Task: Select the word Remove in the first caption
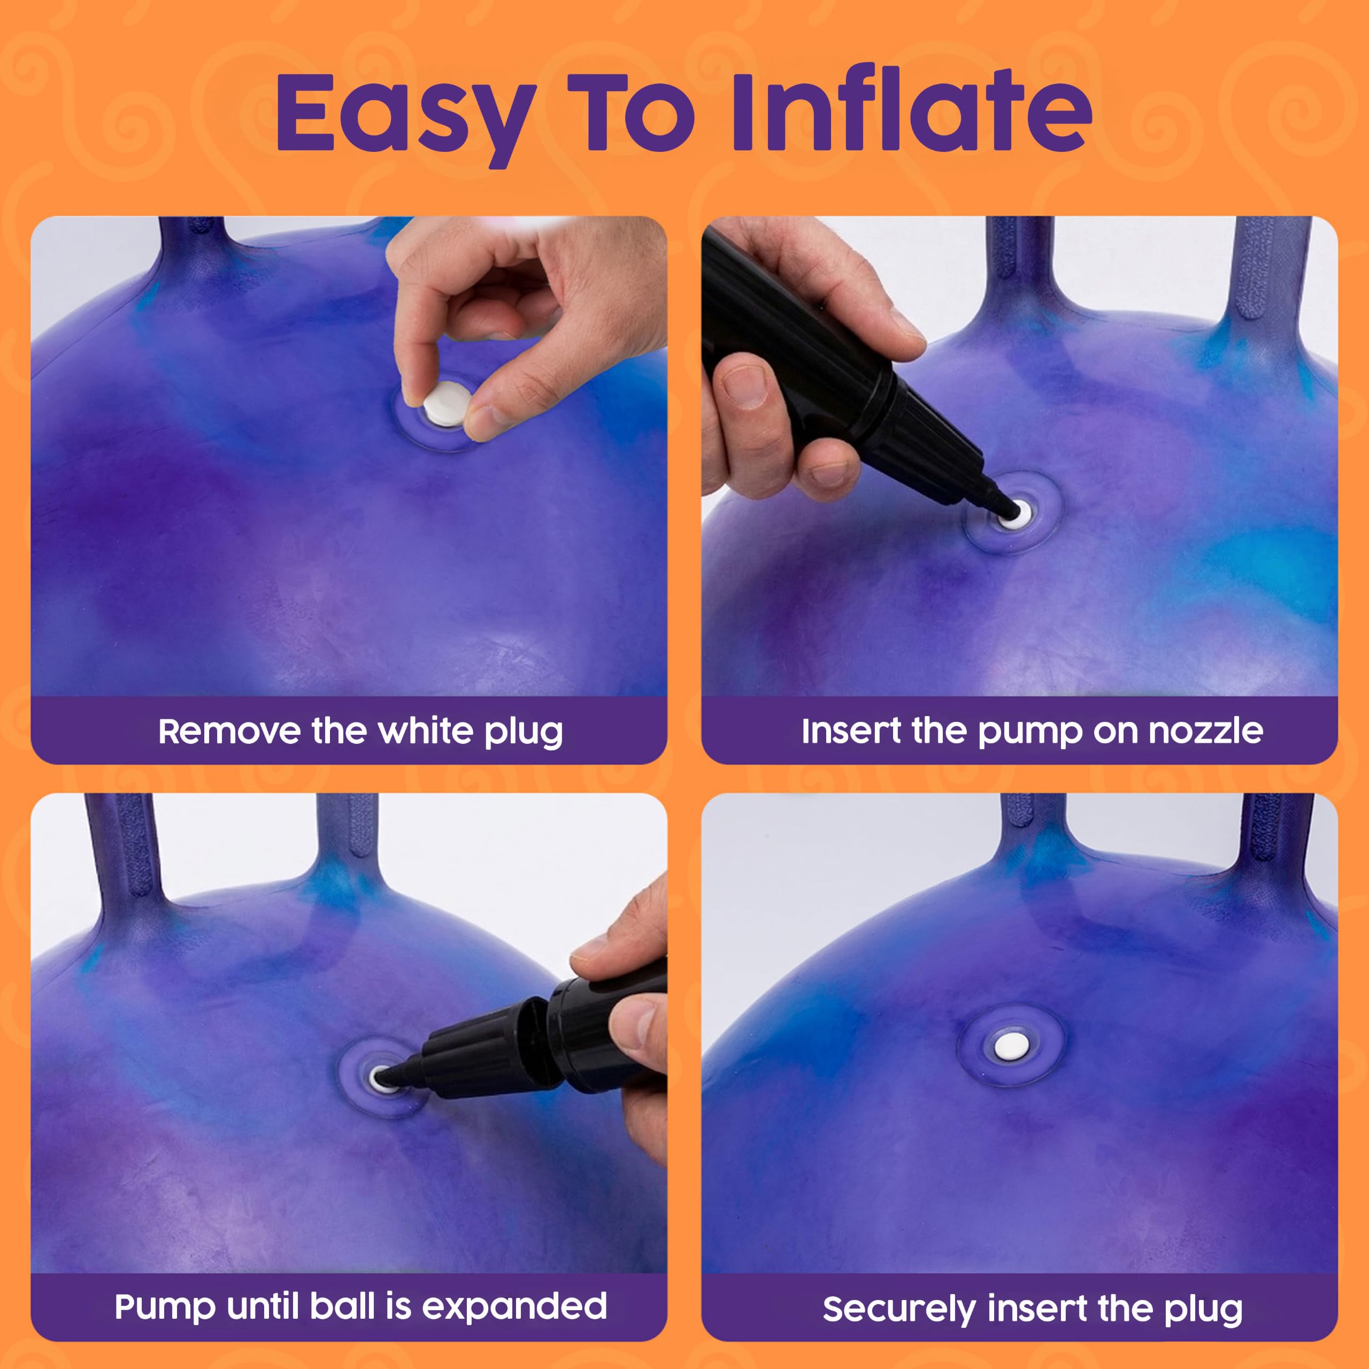(229, 730)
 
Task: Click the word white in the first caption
(425, 730)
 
